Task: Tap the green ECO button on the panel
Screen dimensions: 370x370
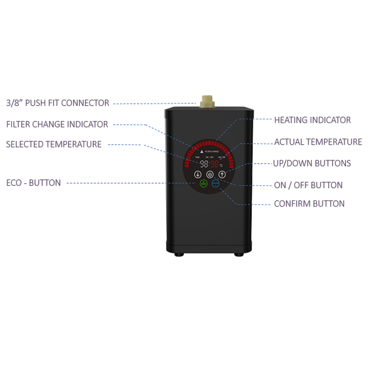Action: tap(203, 184)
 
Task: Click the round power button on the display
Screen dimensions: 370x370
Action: tap(210, 174)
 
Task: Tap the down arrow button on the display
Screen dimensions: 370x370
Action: tap(198, 174)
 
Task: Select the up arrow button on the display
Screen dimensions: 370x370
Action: tap(222, 174)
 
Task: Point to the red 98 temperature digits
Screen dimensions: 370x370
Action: tap(215, 164)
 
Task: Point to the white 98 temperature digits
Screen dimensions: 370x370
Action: tap(204, 164)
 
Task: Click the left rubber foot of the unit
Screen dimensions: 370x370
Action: tap(178, 254)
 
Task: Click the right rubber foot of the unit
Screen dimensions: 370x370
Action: tap(238, 254)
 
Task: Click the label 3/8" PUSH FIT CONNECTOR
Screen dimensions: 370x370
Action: tap(58, 103)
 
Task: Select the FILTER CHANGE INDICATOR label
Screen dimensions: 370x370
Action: tap(57, 124)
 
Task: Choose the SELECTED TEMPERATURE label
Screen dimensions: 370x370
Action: tap(54, 144)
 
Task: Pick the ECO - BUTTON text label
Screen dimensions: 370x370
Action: tap(33, 183)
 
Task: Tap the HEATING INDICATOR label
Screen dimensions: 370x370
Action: tap(312, 120)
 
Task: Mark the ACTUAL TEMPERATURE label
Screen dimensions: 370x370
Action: tap(318, 142)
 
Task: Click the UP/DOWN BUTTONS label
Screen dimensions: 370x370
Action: tap(312, 163)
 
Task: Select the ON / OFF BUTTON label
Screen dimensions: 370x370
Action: tap(308, 185)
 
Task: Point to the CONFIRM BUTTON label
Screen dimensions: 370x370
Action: tap(309, 203)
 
